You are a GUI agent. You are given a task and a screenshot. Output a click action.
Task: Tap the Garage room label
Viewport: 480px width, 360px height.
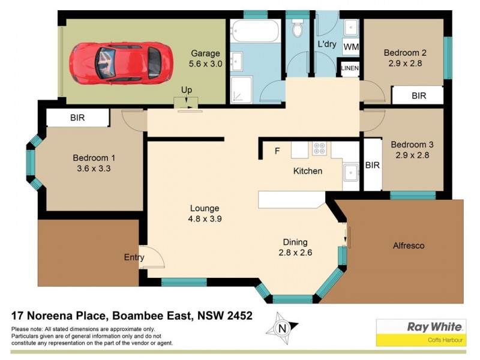(206, 53)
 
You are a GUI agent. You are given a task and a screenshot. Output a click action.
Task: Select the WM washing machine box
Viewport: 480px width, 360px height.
(350, 46)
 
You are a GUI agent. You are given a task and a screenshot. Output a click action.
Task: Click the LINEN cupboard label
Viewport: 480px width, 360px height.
(350, 68)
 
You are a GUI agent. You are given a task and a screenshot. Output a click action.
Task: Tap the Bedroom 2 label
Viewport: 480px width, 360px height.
(404, 53)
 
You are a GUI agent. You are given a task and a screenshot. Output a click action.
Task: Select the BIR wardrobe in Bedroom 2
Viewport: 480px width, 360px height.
(418, 95)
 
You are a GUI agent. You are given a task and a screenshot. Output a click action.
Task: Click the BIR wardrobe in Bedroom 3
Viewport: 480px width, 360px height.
(372, 165)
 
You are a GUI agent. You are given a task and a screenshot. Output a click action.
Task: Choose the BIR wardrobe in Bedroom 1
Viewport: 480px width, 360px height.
(77, 118)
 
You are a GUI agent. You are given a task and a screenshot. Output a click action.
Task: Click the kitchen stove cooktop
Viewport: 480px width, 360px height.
(319, 148)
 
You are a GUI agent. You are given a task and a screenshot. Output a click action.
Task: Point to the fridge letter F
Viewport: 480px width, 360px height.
(277, 151)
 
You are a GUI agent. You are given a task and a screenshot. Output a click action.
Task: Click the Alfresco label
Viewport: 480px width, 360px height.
(408, 245)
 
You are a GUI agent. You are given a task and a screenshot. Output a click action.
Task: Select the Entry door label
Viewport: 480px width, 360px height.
(134, 257)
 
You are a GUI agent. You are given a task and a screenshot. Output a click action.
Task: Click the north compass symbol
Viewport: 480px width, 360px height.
(282, 328)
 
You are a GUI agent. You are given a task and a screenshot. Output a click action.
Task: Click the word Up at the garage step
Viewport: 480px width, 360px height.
(187, 90)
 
